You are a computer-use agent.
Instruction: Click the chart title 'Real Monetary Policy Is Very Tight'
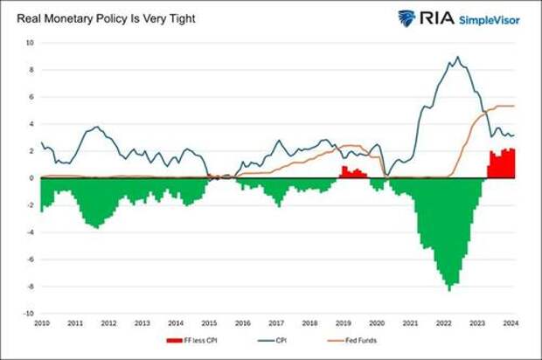click(x=101, y=18)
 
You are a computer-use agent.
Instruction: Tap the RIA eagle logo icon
click(x=407, y=18)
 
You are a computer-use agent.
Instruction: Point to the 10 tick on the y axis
click(x=29, y=43)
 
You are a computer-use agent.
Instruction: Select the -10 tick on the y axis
click(x=28, y=313)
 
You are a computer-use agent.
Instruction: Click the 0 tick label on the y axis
click(x=31, y=178)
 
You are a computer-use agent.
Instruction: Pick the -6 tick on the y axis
click(x=30, y=259)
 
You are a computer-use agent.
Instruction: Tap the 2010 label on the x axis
click(x=41, y=323)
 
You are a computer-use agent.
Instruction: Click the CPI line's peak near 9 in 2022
click(x=457, y=58)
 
